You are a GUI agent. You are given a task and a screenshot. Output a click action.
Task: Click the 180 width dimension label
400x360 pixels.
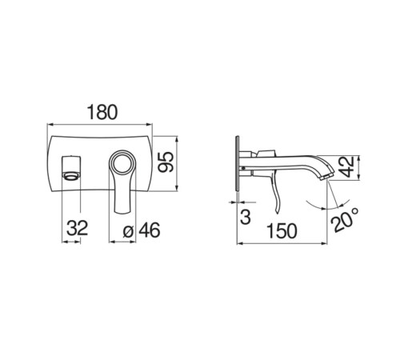point(102,112)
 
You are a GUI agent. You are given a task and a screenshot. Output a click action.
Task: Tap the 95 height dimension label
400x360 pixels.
point(166,162)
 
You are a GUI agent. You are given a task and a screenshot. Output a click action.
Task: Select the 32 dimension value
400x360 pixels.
point(77,228)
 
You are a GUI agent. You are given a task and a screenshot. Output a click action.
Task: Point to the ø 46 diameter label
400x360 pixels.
point(142,230)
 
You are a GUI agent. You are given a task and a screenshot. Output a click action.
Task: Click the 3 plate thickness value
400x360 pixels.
point(246,216)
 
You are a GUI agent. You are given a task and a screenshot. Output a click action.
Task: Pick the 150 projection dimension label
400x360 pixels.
point(282,231)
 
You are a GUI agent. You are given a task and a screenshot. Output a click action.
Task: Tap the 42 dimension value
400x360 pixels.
point(348,167)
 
